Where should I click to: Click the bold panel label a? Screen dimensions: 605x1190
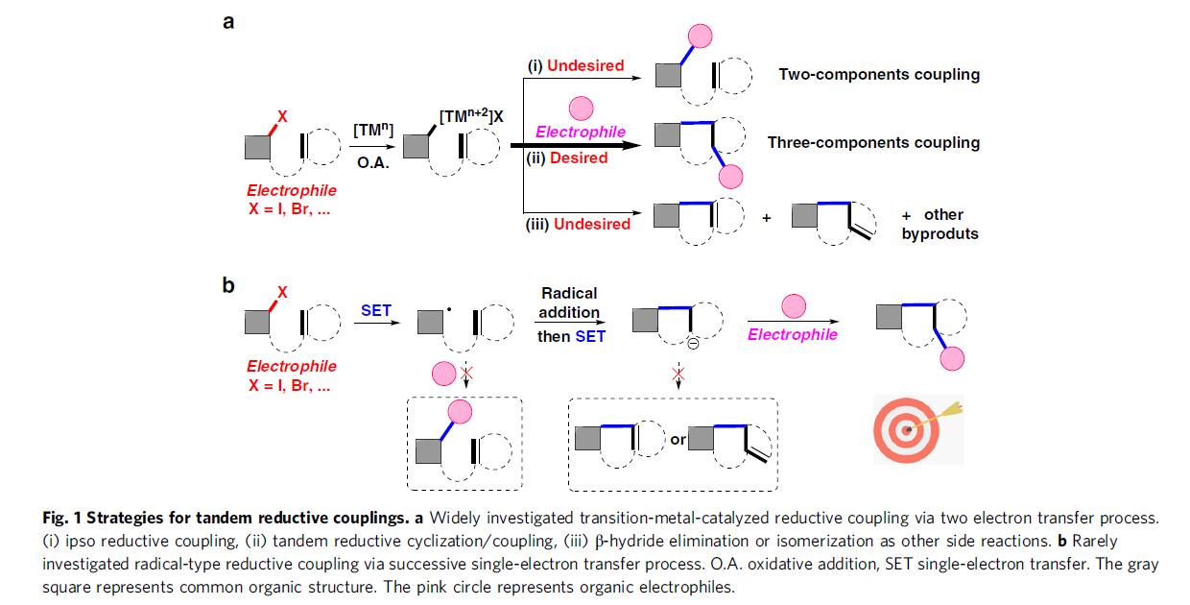pos(228,21)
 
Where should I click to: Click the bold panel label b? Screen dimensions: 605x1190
pos(228,285)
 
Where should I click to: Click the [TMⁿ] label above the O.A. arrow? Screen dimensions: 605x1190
pos(370,129)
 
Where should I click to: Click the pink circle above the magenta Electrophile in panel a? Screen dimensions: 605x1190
pos(581,109)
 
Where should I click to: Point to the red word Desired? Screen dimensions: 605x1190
pos(580,157)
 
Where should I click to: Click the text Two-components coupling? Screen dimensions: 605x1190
pos(879,74)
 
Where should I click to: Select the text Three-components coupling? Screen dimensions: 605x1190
pos(873,142)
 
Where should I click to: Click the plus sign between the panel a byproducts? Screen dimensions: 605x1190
pos(767,218)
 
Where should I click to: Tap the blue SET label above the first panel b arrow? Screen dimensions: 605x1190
pos(376,310)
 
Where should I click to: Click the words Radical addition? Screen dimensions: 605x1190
pos(569,302)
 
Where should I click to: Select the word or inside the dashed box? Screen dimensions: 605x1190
pos(678,440)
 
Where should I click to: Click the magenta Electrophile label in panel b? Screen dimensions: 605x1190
pos(792,334)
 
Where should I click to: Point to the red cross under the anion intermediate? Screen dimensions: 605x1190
pos(678,373)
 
